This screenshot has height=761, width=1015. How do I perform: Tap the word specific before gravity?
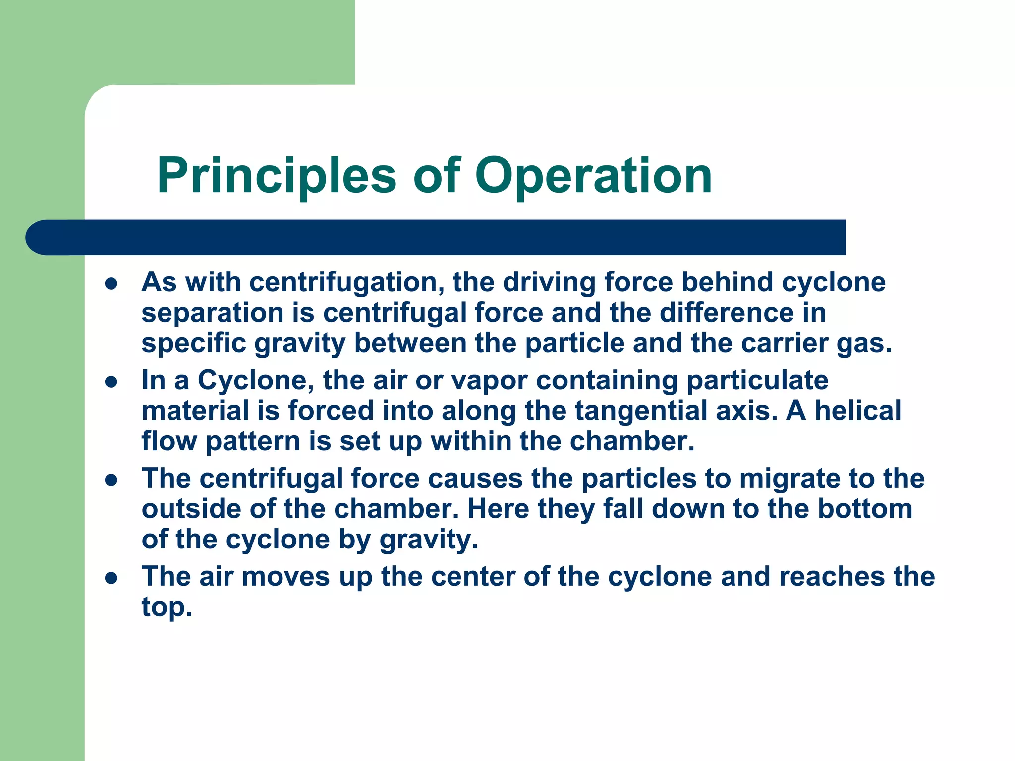194,344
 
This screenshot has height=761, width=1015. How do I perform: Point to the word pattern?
253,442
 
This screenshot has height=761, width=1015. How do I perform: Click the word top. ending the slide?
167,607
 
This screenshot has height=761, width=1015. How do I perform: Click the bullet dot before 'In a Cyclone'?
112,382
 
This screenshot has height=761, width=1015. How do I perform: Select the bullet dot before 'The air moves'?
112,578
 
